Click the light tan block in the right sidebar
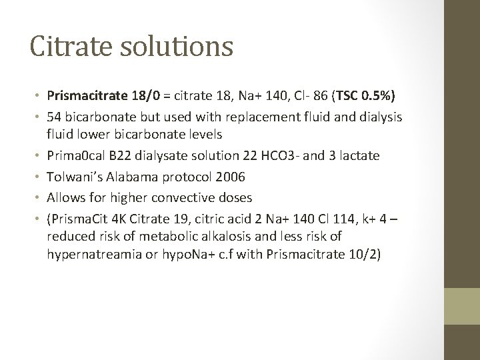461,305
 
